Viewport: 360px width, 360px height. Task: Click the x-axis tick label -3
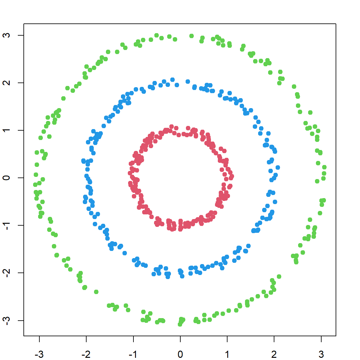click(39, 354)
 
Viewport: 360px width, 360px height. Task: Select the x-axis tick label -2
click(86, 354)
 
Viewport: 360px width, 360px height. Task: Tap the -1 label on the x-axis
click(133, 354)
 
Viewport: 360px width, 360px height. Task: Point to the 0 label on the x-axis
click(180, 354)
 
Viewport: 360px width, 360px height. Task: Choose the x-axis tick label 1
click(227, 354)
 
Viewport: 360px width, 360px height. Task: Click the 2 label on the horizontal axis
click(274, 354)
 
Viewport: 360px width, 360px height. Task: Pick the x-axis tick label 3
click(321, 354)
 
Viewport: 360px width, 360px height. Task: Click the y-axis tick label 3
click(7, 35)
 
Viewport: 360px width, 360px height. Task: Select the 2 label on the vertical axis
click(7, 83)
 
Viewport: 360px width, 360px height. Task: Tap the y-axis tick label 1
click(7, 130)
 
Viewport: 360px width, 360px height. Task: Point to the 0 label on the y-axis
click(7, 178)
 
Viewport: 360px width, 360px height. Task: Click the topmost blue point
click(172, 80)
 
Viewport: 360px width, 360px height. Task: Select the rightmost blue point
click(277, 167)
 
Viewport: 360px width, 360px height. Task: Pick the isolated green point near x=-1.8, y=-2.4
click(96, 292)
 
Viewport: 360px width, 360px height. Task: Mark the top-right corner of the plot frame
click(336, 24)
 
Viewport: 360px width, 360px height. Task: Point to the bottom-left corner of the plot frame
click(24, 336)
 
